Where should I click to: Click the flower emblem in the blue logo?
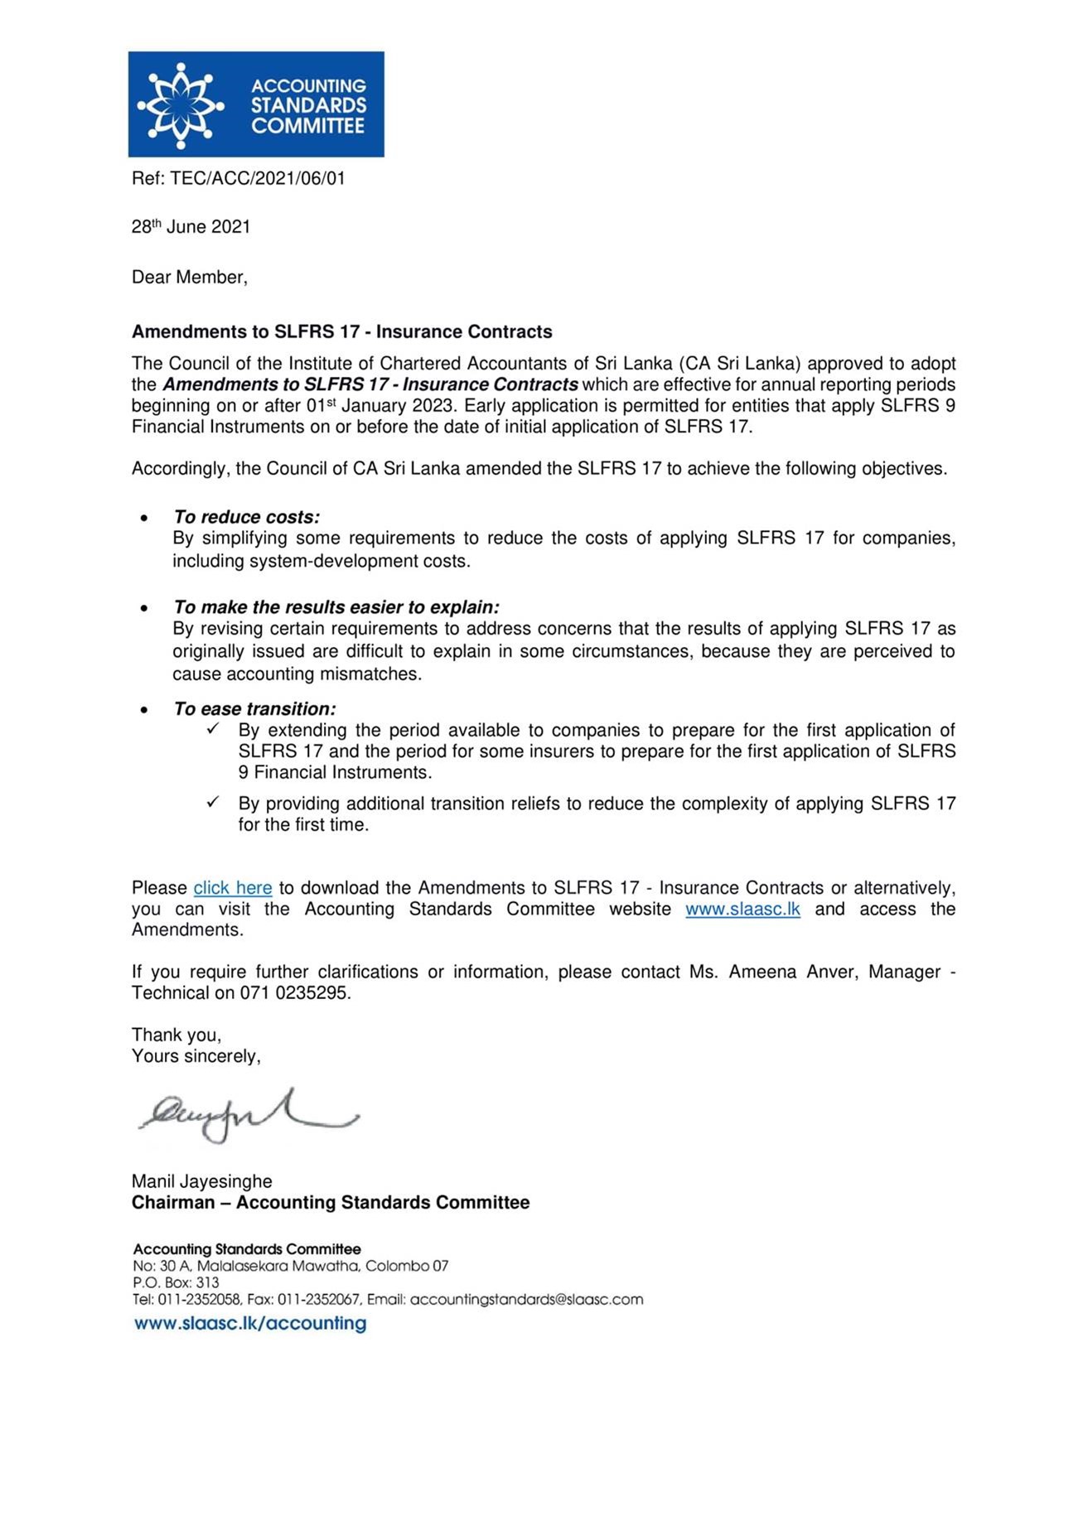[x=180, y=105]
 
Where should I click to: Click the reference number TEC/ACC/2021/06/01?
[x=257, y=178]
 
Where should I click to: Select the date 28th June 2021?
[x=191, y=227]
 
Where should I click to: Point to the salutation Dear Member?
[x=189, y=278]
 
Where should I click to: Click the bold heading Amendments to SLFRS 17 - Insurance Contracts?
[x=341, y=332]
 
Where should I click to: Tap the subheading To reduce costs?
[x=246, y=517]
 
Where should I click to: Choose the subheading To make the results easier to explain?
[x=336, y=607]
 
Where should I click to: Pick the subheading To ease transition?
[x=254, y=709]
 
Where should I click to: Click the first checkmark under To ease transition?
[x=213, y=729]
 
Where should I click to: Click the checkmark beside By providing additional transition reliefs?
[x=213, y=802]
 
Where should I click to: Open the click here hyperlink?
[x=233, y=888]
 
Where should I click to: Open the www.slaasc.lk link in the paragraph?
[x=742, y=910]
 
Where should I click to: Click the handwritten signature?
[x=247, y=1116]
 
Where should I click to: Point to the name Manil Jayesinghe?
[x=201, y=1181]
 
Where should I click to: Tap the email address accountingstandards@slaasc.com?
[x=526, y=1300]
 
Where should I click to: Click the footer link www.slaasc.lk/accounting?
[x=249, y=1324]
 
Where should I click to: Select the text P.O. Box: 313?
[x=176, y=1283]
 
